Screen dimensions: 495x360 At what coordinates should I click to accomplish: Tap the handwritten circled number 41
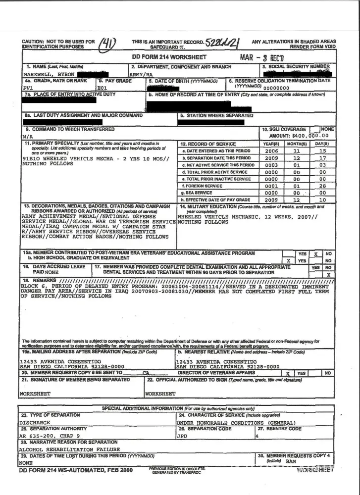click(107, 45)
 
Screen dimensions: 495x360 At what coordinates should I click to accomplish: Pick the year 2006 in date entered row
click(271, 151)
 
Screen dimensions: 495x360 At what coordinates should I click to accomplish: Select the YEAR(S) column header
click(271, 144)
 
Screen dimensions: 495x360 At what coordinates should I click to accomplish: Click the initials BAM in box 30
click(291, 461)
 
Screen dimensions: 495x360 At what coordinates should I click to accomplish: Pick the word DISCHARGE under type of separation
click(35, 423)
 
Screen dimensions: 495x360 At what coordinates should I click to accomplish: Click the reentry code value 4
click(257, 436)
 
